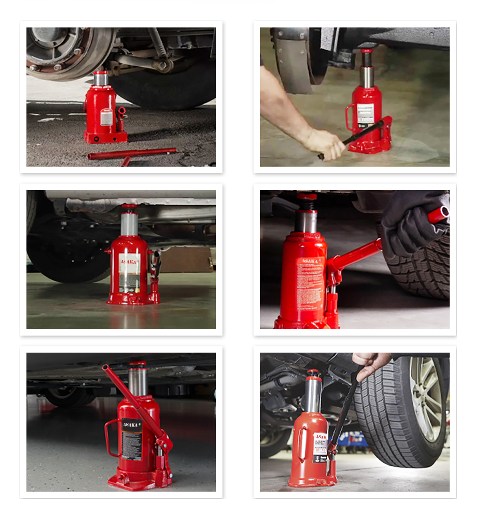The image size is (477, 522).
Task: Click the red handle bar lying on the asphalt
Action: pyautogui.click(x=132, y=153)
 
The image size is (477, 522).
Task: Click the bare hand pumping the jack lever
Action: pyautogui.click(x=325, y=143)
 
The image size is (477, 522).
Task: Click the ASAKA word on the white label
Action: pyautogui.click(x=129, y=262)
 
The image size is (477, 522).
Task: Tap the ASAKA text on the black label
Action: pyautogui.click(x=131, y=425)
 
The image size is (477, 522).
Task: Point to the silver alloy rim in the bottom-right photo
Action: pyautogui.click(x=426, y=398)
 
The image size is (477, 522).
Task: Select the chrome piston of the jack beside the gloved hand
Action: pyautogui.click(x=306, y=221)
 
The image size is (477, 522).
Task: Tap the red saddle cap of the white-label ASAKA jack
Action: pyautogui.click(x=129, y=206)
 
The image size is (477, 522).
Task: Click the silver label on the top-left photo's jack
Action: pyautogui.click(x=106, y=117)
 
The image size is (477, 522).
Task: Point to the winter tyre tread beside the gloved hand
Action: pyautogui.click(x=420, y=270)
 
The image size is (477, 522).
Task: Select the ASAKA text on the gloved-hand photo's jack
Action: pyautogui.click(x=311, y=261)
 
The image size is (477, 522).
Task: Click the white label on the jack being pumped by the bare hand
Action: pyautogui.click(x=365, y=113)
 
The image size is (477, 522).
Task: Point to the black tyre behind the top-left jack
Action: pyautogui.click(x=168, y=88)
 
